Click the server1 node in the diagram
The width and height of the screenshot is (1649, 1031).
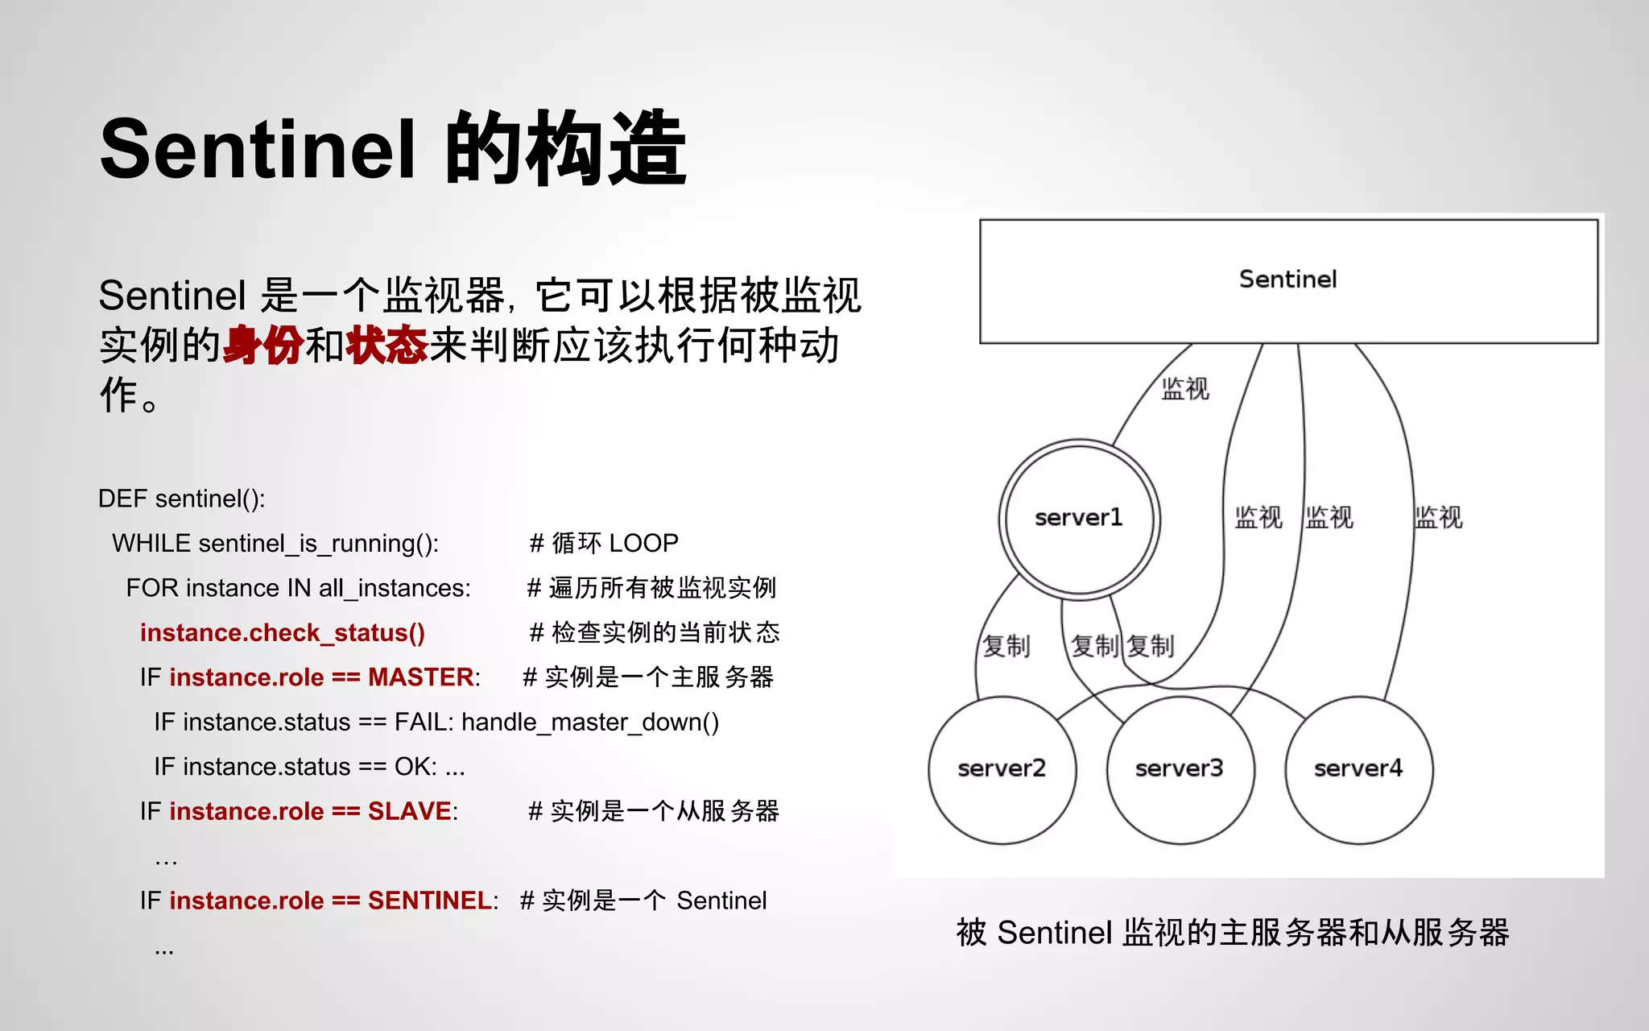[x=1079, y=519]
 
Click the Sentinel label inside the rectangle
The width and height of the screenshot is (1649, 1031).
[x=1287, y=279]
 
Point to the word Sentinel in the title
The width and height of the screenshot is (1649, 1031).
[x=258, y=150]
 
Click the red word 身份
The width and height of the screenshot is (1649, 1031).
[x=263, y=346]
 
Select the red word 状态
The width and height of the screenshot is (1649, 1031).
[x=386, y=346]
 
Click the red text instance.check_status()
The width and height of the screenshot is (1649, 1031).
[x=282, y=633]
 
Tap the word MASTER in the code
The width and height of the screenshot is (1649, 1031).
[x=420, y=677]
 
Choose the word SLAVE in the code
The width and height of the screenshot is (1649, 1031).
[x=409, y=811]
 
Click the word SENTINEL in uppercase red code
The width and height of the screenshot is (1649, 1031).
[x=429, y=901]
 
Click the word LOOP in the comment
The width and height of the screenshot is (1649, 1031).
[x=643, y=544]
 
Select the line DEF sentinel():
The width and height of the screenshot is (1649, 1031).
[x=181, y=499]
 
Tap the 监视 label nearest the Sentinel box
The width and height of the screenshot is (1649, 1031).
[x=1185, y=389]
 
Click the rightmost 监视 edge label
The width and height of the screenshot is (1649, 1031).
[x=1438, y=517]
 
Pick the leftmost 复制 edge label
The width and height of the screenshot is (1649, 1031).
[x=1006, y=646]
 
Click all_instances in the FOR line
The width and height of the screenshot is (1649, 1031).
[x=395, y=589]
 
